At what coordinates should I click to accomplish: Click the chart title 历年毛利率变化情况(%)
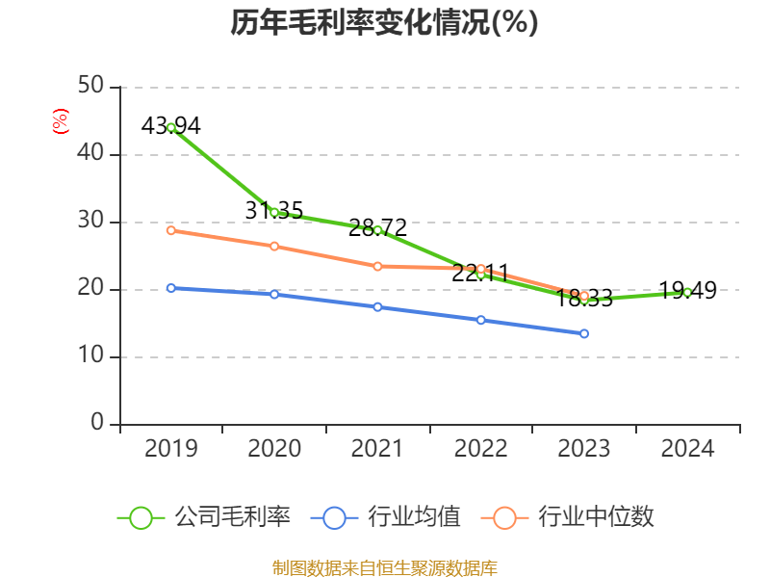click(384, 22)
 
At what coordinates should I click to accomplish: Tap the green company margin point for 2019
click(171, 127)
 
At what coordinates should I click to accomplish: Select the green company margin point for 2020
click(274, 212)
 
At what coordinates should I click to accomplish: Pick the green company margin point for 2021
click(377, 230)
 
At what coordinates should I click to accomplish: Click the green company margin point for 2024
click(687, 292)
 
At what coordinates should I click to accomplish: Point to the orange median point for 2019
click(171, 230)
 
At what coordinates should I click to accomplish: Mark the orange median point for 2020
click(274, 247)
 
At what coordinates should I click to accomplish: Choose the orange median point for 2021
click(377, 266)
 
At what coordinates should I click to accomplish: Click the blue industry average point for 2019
click(171, 288)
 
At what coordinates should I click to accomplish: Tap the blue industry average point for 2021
click(377, 306)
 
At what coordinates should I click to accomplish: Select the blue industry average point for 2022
click(481, 320)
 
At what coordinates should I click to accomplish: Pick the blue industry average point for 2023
click(584, 333)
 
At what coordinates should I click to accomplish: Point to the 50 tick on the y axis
click(90, 87)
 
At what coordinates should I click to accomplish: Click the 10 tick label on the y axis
click(90, 356)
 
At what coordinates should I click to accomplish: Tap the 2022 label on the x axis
click(481, 449)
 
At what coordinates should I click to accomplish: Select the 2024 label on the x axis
click(687, 449)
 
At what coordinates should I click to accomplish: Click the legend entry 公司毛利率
click(204, 517)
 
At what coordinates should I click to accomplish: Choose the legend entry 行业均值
click(387, 517)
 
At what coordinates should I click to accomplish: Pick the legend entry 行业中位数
click(574, 517)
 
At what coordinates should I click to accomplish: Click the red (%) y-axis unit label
click(61, 121)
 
